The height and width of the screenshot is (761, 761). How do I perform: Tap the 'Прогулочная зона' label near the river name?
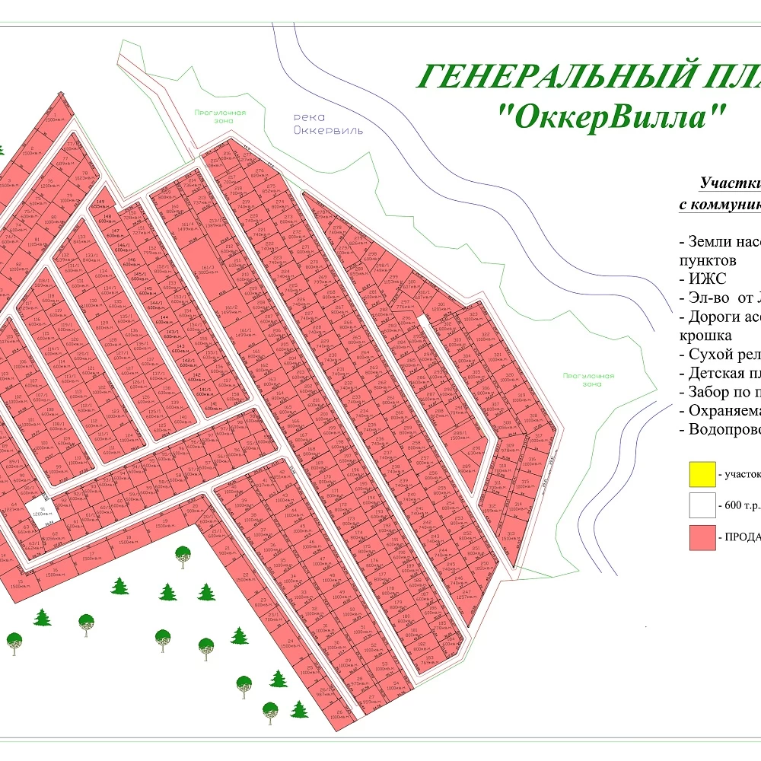tap(220, 116)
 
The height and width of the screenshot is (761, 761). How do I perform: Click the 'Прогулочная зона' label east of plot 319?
tap(588, 379)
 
